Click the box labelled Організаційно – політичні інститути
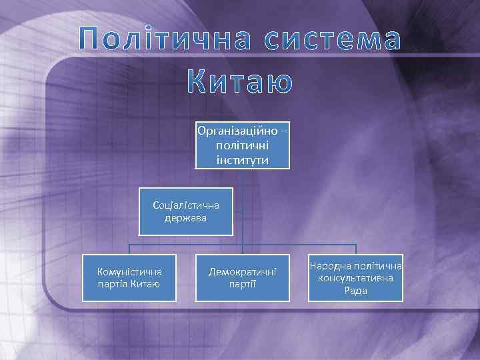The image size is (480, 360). (243, 144)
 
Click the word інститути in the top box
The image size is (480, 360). (243, 159)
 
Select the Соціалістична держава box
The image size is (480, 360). (185, 211)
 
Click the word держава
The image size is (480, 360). (186, 218)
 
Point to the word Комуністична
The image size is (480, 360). (129, 272)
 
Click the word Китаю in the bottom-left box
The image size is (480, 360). (145, 285)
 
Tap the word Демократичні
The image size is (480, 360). (242, 272)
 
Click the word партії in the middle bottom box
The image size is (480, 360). (242, 285)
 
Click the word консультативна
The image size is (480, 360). (356, 278)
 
